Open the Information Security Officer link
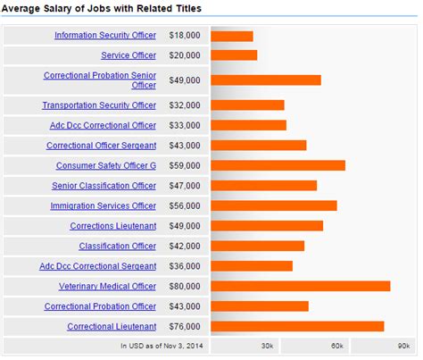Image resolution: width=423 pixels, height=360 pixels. click(x=105, y=36)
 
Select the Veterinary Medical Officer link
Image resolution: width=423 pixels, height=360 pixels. click(x=107, y=286)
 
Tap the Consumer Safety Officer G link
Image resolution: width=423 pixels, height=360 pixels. click(x=106, y=165)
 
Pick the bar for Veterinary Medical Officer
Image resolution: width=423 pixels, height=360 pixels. click(x=301, y=286)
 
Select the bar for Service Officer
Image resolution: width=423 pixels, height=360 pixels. click(x=234, y=55)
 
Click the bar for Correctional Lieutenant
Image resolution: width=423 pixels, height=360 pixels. click(x=297, y=326)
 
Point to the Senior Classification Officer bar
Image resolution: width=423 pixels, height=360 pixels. click(x=263, y=186)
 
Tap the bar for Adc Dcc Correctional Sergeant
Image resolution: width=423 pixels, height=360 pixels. click(x=252, y=265)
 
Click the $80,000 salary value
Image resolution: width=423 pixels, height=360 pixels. click(x=185, y=286)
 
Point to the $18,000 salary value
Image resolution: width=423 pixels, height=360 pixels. click(x=185, y=36)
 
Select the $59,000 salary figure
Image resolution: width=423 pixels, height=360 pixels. click(x=185, y=165)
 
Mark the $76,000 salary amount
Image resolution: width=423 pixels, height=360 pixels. click(x=185, y=326)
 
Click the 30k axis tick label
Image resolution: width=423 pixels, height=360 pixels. click(x=267, y=345)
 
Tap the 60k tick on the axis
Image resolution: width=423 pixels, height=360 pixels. click(x=336, y=345)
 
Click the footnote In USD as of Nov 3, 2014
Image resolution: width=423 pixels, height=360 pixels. click(x=161, y=345)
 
